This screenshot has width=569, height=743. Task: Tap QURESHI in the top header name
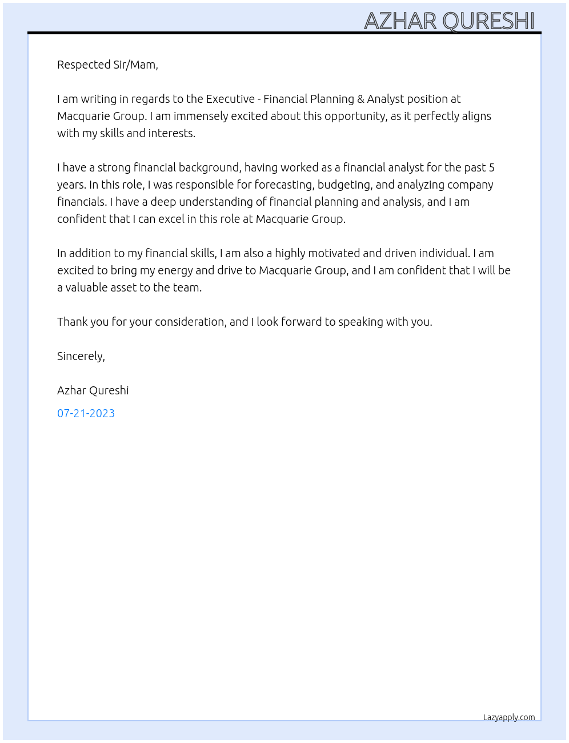tap(488, 21)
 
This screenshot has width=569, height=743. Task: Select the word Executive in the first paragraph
tap(230, 99)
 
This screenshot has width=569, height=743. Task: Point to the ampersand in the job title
tap(360, 99)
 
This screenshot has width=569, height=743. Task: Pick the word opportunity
tap(355, 117)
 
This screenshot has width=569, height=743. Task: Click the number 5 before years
tap(492, 167)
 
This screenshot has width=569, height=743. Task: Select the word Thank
tap(73, 322)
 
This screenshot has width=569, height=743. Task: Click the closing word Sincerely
tap(81, 357)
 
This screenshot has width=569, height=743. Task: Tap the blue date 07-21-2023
tap(86, 413)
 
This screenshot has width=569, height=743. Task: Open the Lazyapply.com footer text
tap(509, 717)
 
